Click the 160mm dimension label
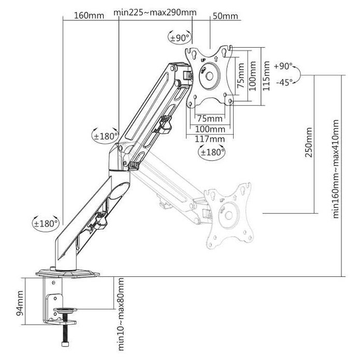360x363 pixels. (x=89, y=15)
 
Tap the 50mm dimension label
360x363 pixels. (x=225, y=16)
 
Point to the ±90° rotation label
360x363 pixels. (x=180, y=38)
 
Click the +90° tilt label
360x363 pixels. (x=284, y=66)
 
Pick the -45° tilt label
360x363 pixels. (x=284, y=82)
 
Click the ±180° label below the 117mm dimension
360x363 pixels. (x=213, y=152)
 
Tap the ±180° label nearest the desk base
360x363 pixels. (x=46, y=224)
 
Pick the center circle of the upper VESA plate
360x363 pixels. (x=210, y=75)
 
